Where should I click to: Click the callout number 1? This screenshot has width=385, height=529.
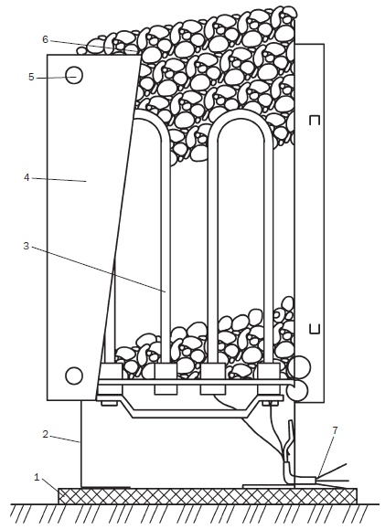click(x=37, y=478)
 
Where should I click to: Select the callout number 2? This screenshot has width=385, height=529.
click(x=46, y=434)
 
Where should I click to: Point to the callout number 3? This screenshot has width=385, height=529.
click(x=27, y=246)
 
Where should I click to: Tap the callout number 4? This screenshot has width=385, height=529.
click(x=27, y=177)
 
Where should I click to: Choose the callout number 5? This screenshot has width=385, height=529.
click(x=31, y=77)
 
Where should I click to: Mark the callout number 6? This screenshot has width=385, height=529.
click(x=46, y=39)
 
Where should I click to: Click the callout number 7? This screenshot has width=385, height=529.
click(x=335, y=430)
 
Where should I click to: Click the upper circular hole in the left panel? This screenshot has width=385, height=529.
click(x=74, y=75)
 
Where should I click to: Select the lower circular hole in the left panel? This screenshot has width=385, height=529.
click(x=74, y=376)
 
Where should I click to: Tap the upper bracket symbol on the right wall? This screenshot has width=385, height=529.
click(x=315, y=121)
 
